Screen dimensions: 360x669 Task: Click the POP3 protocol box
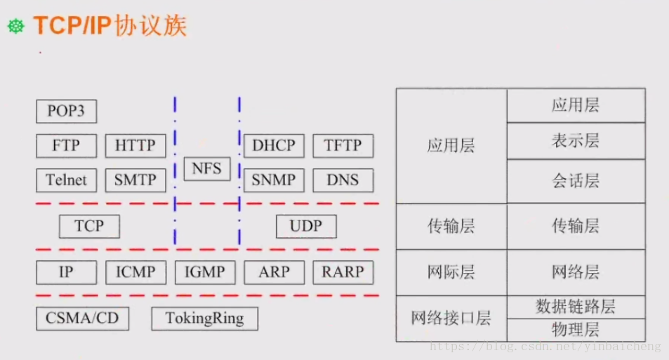tap(66, 111)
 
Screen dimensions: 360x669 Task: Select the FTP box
tap(66, 146)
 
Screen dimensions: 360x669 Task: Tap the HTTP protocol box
tap(135, 146)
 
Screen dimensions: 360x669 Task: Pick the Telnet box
tap(66, 180)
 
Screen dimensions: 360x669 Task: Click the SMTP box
tap(135, 180)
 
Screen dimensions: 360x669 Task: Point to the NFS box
tap(207, 168)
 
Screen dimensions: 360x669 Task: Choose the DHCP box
tap(274, 146)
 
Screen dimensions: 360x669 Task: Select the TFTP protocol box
tap(343, 146)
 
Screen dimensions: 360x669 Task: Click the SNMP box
tap(274, 180)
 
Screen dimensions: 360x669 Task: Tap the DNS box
tap(343, 180)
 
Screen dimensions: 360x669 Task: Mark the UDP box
tap(306, 227)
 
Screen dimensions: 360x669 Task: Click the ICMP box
tap(135, 272)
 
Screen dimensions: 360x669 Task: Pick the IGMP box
tap(204, 272)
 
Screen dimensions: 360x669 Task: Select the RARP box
tap(343, 272)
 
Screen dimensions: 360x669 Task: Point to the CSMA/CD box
tap(82, 319)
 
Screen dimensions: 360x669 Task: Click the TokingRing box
tap(204, 319)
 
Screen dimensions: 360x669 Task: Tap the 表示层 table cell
tap(576, 141)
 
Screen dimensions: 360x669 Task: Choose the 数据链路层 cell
tap(576, 307)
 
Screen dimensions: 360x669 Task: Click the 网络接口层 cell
tap(451, 318)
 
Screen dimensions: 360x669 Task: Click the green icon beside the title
tap(16, 27)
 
